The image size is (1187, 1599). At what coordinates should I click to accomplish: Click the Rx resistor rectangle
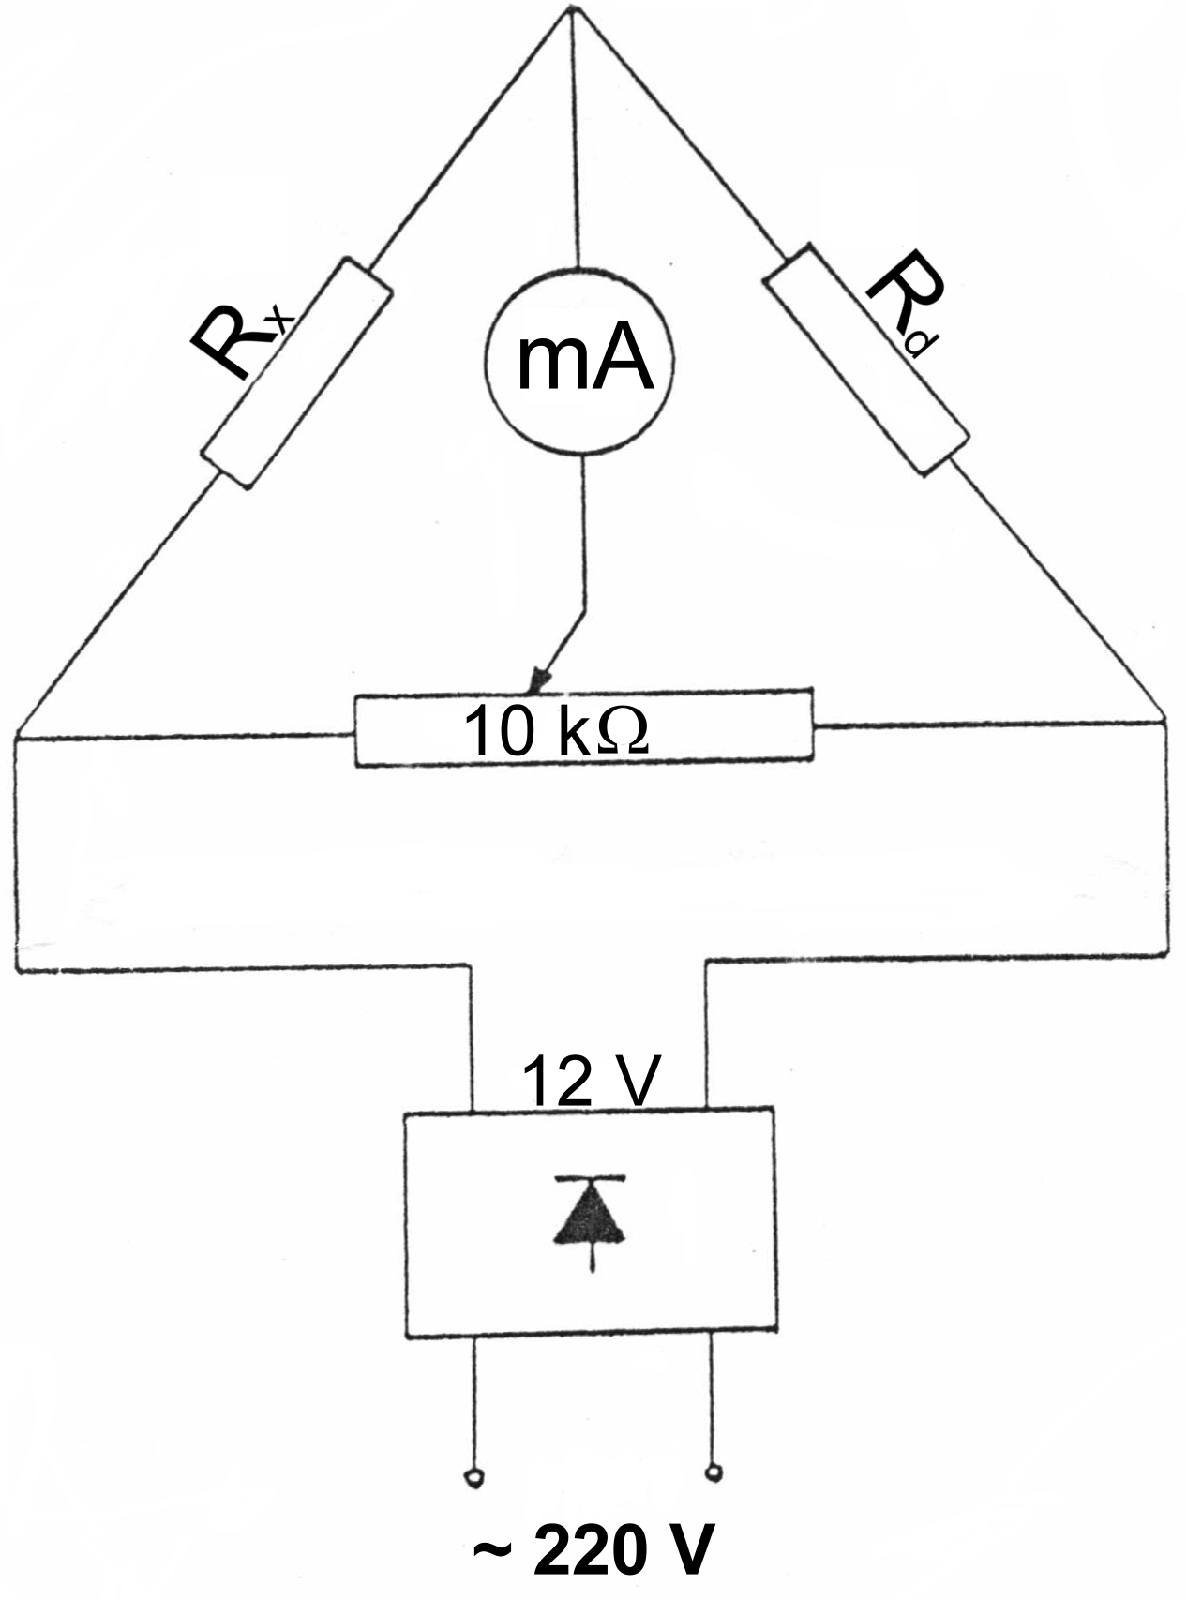point(295,372)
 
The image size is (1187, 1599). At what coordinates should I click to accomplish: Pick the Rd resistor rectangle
point(866,360)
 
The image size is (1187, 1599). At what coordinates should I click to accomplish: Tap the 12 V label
point(591,1080)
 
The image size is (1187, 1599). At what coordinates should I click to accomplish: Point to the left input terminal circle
point(473,1477)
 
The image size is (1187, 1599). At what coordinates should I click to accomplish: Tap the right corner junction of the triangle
point(1165,723)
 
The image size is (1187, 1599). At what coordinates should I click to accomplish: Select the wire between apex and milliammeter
point(576,141)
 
